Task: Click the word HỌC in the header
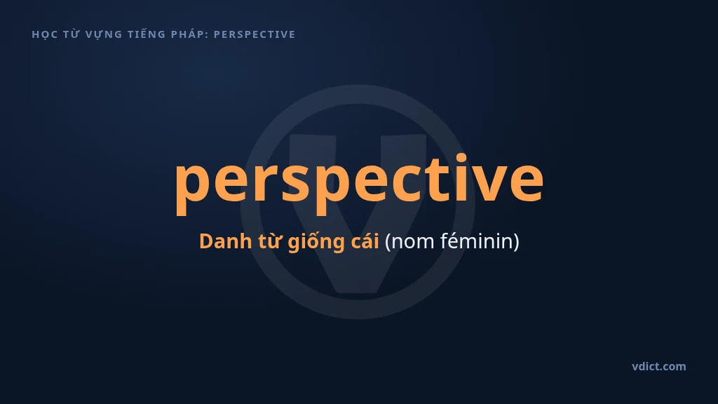click(x=44, y=35)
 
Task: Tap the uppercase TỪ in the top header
click(x=72, y=34)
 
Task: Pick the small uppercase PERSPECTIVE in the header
click(x=255, y=34)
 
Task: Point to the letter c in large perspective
click(x=406, y=180)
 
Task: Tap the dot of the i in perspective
click(x=461, y=157)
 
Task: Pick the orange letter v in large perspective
click(x=489, y=180)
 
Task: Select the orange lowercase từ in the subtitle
click(x=270, y=241)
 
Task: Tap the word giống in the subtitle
click(x=316, y=242)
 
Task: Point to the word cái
click(x=365, y=241)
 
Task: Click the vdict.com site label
click(x=659, y=366)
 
